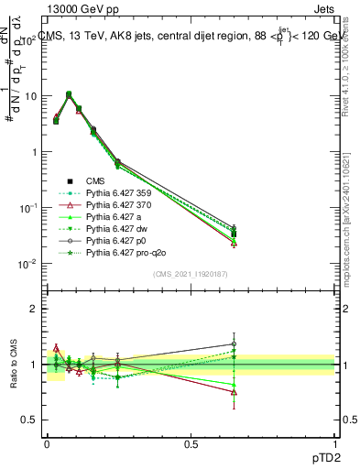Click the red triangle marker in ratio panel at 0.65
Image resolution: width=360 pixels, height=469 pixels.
[235, 392]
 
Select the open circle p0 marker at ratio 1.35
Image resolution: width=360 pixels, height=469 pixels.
[235, 344]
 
